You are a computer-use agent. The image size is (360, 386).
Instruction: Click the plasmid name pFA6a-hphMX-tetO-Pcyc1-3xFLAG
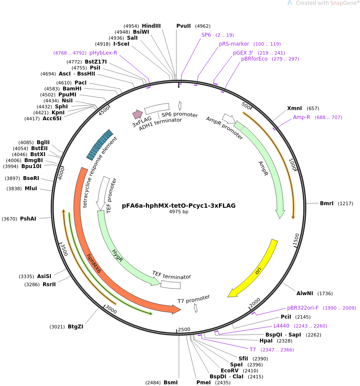(x=179, y=206)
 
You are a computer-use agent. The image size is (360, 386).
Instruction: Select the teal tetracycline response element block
(x=99, y=145)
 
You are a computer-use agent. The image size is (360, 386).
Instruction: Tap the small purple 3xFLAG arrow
(x=137, y=114)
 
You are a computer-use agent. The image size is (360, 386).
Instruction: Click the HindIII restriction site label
(x=151, y=26)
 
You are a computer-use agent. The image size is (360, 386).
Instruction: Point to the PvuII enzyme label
(x=184, y=26)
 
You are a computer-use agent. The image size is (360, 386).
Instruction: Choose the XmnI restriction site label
(x=294, y=108)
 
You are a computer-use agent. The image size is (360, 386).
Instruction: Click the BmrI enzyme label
(x=327, y=203)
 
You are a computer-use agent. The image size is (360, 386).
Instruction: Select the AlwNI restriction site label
(x=305, y=293)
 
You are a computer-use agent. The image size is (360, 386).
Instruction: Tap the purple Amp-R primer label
(x=302, y=117)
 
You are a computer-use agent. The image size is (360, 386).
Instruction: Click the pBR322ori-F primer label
(x=302, y=308)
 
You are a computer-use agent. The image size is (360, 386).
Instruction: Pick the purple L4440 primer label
(x=281, y=326)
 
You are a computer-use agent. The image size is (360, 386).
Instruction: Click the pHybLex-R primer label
(x=103, y=53)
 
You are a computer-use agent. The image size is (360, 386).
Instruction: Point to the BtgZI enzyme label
(x=75, y=327)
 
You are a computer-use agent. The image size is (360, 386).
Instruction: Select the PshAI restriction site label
(x=28, y=219)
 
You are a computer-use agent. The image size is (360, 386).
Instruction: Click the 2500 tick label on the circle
(x=184, y=329)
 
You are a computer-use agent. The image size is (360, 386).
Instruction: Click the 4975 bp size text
(x=179, y=212)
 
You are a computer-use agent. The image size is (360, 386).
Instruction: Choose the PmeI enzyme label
(x=203, y=383)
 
